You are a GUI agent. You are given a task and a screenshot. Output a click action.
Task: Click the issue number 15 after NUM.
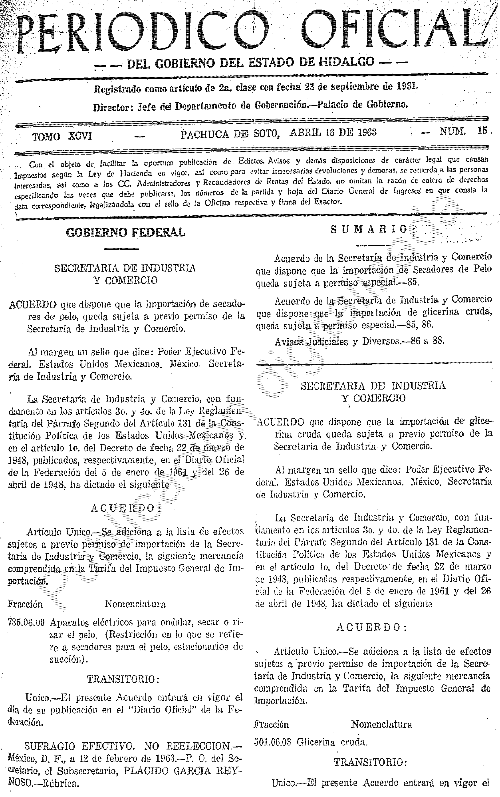point(482,131)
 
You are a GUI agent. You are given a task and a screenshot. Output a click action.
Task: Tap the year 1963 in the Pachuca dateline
point(366,132)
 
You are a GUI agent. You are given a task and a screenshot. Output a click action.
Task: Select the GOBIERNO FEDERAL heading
point(126,233)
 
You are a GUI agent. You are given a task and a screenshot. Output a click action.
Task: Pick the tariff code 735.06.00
point(26,623)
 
